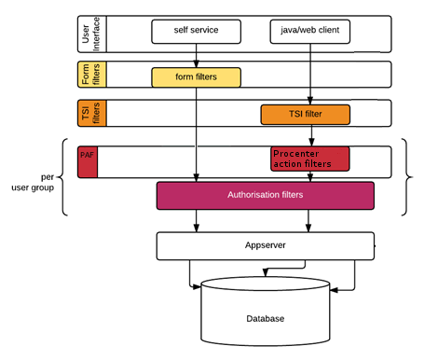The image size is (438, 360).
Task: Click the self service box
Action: pos(196,32)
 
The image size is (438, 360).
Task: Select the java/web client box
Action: pos(310,32)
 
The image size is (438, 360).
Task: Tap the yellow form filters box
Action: pos(196,77)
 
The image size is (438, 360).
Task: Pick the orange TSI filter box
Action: pos(306,115)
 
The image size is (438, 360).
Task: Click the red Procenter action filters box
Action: pos(310,159)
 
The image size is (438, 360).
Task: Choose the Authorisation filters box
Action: pos(266,196)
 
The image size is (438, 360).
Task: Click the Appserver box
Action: pos(266,246)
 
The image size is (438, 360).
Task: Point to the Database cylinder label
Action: pos(266,319)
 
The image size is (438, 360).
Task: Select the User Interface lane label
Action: pos(91,35)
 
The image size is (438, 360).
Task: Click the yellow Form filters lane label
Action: pos(91,75)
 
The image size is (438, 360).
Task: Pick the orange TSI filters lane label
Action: pos(91,113)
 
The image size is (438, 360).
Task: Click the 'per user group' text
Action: pos(33,182)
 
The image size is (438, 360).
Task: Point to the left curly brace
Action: pos(61,177)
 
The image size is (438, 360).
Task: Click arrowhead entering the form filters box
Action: pos(196,64)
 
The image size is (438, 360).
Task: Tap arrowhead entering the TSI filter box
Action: pos(310,101)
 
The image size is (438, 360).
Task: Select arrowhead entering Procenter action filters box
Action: pos(311,143)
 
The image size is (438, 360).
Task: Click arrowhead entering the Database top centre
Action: pos(266,272)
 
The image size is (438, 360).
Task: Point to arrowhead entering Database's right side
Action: pos(334,290)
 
